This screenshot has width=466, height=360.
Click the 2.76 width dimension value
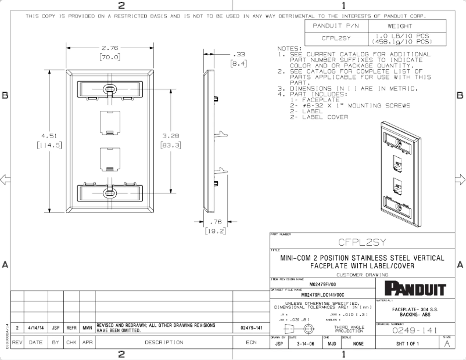(110, 48)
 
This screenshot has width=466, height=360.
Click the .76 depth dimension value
(216, 221)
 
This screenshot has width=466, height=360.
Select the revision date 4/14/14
(36, 327)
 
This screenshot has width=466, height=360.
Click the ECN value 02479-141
(251, 327)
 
